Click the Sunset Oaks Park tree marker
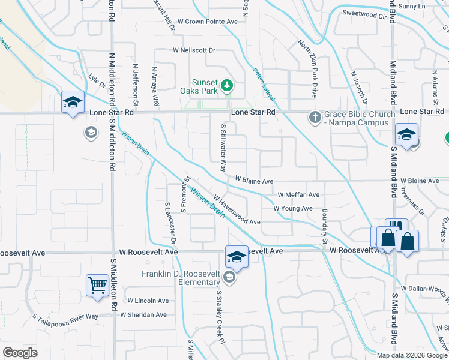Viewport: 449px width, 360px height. point(227,86)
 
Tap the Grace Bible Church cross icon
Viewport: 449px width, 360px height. point(313,117)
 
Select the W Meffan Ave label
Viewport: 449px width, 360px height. point(298,195)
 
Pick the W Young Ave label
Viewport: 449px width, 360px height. point(293,208)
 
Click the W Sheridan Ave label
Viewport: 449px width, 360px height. point(143,314)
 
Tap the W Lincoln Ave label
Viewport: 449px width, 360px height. point(148,301)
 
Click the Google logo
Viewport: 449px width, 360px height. point(20,353)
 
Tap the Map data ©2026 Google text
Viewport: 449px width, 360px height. point(411,355)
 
